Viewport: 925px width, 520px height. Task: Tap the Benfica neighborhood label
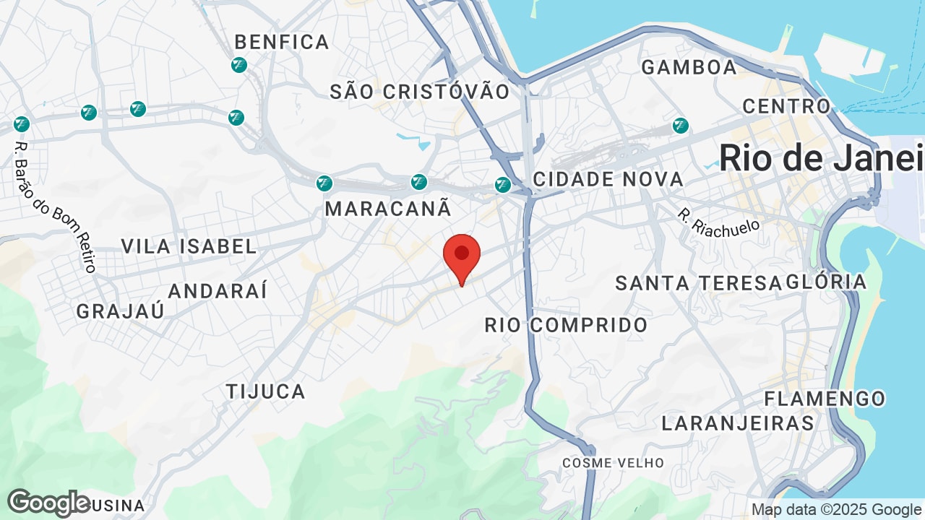pyautogui.click(x=282, y=43)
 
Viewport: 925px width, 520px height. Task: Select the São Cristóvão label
pyautogui.click(x=420, y=92)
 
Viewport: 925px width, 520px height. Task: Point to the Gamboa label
pyautogui.click(x=689, y=67)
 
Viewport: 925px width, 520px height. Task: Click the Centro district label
pyautogui.click(x=787, y=106)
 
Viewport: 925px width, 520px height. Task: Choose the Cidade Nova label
pyautogui.click(x=608, y=179)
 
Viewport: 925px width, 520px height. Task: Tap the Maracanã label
pyautogui.click(x=388, y=209)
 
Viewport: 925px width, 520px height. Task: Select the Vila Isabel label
pyautogui.click(x=189, y=246)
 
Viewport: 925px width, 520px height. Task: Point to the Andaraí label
pyautogui.click(x=218, y=291)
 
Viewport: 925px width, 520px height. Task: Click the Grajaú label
pyautogui.click(x=121, y=311)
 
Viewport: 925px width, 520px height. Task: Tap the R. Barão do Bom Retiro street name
pyautogui.click(x=55, y=206)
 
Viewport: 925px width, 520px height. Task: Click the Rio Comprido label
pyautogui.click(x=566, y=325)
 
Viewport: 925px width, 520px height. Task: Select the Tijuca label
pyautogui.click(x=266, y=391)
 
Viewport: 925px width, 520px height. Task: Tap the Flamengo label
pyautogui.click(x=825, y=399)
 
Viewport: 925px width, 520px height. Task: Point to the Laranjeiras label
pyautogui.click(x=738, y=423)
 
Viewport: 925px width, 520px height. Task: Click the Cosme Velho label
pyautogui.click(x=613, y=462)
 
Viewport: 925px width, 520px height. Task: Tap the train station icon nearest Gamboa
pyautogui.click(x=681, y=126)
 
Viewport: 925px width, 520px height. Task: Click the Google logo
pyautogui.click(x=49, y=503)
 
